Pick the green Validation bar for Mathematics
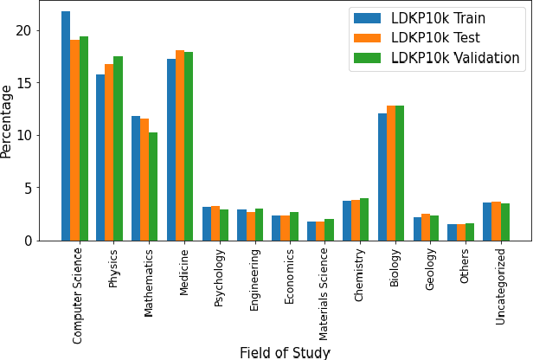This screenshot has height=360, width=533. click(x=153, y=187)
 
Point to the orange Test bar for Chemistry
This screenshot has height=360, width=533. click(x=356, y=221)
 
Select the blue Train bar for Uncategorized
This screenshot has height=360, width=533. click(x=487, y=222)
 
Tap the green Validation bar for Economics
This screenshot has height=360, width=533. click(x=294, y=227)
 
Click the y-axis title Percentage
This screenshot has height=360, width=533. click(x=8, y=120)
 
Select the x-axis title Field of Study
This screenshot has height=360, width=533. click(x=285, y=352)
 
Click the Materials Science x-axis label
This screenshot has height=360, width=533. click(x=324, y=292)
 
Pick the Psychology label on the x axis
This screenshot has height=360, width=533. click(x=218, y=277)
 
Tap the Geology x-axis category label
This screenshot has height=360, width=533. click(x=430, y=271)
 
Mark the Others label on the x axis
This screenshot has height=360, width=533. click(x=465, y=267)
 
